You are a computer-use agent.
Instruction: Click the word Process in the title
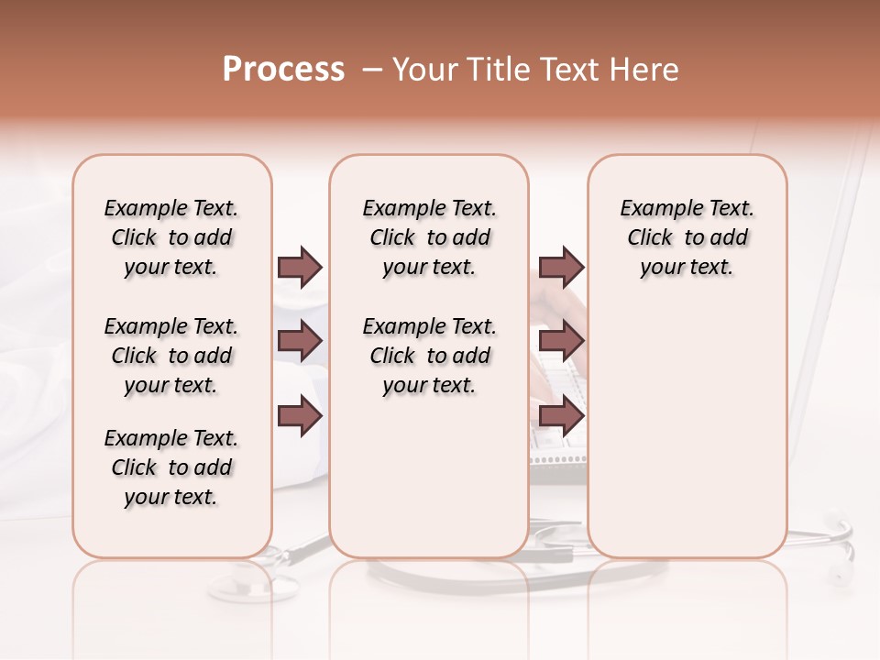[x=283, y=69]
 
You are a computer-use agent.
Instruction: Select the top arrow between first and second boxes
[x=300, y=267]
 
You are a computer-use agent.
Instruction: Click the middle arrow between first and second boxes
[x=300, y=342]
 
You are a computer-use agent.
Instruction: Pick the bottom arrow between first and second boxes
[x=300, y=417]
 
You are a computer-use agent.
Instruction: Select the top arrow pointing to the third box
[x=561, y=267]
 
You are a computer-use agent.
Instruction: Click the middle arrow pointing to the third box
[x=561, y=342]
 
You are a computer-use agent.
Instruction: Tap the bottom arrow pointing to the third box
[x=561, y=417]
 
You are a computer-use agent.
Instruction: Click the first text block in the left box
[x=171, y=237]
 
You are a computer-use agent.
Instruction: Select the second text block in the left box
[x=171, y=356]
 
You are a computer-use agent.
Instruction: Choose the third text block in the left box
[x=171, y=467]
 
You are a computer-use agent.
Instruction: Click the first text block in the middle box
[x=429, y=237]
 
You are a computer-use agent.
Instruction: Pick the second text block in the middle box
[x=429, y=356]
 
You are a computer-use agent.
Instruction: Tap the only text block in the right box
[x=687, y=237]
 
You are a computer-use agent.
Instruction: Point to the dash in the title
[x=372, y=69]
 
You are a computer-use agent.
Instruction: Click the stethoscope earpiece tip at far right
[x=838, y=576]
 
